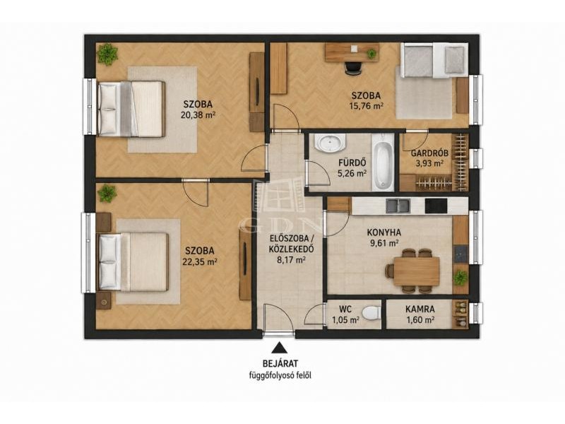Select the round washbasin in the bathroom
[x=330, y=143]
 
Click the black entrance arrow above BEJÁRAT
[x=278, y=348]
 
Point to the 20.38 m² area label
[x=198, y=115]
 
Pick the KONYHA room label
[x=383, y=232]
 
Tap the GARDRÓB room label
[x=429, y=153]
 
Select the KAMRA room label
[x=420, y=309]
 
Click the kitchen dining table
[x=417, y=271]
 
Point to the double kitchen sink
[x=398, y=206]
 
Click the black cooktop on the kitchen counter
[x=436, y=206]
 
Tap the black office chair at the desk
[x=352, y=68]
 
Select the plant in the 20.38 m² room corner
[x=107, y=54]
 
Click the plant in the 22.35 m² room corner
[x=107, y=194]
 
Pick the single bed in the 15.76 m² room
[x=434, y=60]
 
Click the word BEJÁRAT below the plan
[x=280, y=363]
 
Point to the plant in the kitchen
[x=460, y=278]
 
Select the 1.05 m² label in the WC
[x=346, y=319]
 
